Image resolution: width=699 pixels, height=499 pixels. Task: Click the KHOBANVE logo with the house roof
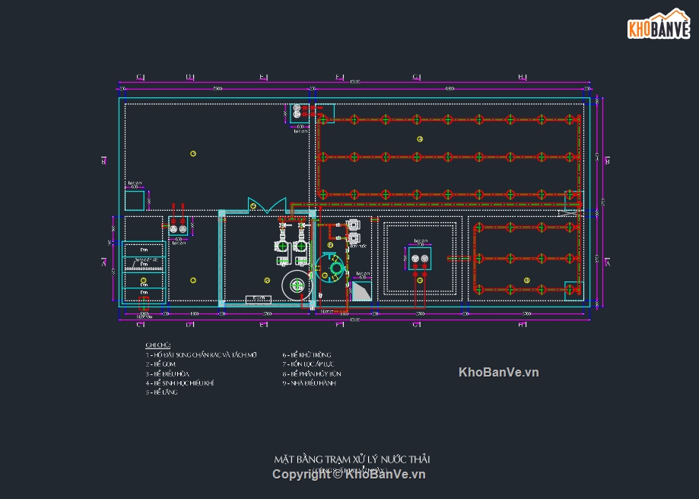[x=658, y=24]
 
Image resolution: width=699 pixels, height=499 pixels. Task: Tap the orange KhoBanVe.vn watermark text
[x=498, y=372]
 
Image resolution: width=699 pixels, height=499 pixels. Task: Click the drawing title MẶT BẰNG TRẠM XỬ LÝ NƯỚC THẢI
[x=352, y=459]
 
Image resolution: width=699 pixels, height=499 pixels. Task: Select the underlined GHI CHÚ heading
[x=158, y=345]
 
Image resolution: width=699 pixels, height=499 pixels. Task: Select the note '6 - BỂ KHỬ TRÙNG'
[x=307, y=355]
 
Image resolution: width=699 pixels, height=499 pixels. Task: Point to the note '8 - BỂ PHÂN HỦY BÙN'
[x=312, y=373]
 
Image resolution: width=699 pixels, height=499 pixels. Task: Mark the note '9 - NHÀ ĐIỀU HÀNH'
[x=309, y=383]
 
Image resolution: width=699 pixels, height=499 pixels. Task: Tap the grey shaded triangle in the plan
[x=363, y=290]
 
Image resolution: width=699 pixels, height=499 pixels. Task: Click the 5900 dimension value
[x=218, y=90]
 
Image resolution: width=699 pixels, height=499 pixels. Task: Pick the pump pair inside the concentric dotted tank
[x=419, y=261]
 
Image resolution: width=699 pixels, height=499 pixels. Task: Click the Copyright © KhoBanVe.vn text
[x=349, y=475]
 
